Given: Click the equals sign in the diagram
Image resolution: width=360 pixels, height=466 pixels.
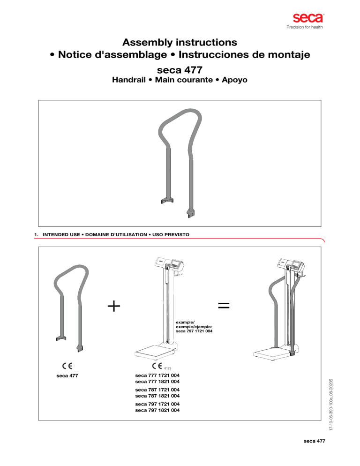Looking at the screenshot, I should click(x=224, y=306).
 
